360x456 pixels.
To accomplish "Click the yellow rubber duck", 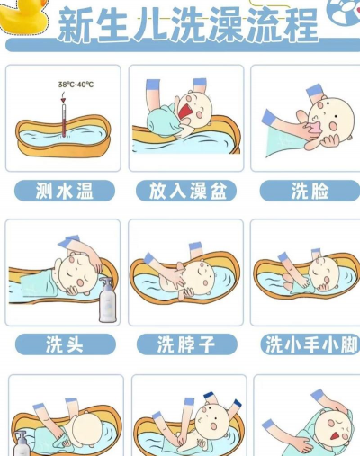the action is point(22,16).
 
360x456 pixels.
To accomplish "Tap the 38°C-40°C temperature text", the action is point(76,85).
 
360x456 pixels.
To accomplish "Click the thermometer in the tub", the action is point(64,121).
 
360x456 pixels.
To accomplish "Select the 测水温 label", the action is point(65,191).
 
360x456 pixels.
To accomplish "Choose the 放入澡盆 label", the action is point(186,191).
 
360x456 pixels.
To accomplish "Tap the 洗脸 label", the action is point(310,191).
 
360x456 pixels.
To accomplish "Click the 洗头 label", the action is point(66,344).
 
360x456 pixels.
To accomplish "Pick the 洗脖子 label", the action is point(186,344).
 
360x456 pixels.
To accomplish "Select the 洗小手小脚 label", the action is point(310,344).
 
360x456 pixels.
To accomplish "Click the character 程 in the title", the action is point(300,25).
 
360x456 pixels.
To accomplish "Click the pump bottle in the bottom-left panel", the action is point(22,443).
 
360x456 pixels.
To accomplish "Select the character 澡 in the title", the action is point(225,25).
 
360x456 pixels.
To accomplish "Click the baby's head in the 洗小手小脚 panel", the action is point(323,273).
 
